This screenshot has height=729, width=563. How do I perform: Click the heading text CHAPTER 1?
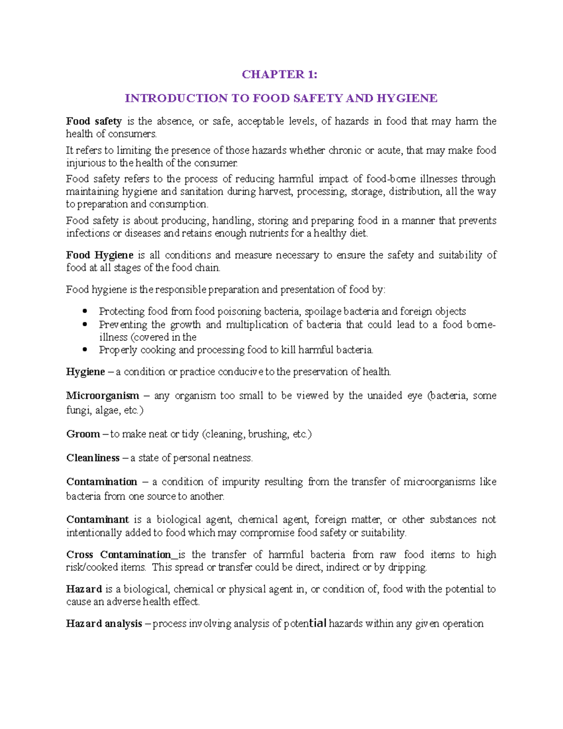point(279,75)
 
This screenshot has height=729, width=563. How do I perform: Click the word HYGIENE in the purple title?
point(407,98)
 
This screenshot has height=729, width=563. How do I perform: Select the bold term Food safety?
point(93,121)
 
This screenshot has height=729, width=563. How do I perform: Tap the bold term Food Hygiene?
point(99,255)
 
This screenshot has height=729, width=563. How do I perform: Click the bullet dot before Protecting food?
point(85,311)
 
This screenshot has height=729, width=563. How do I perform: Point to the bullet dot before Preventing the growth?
point(85,324)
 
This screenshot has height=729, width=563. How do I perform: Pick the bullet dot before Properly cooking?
point(85,350)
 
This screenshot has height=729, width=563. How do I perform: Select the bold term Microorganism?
point(102,395)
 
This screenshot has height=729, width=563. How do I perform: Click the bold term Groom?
point(83,434)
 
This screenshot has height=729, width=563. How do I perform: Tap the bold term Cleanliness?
point(93,458)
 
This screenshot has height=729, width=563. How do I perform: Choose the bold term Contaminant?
point(97,519)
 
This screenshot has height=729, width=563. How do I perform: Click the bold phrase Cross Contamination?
point(119,554)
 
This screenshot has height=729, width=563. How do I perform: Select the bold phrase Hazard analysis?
point(104,623)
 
